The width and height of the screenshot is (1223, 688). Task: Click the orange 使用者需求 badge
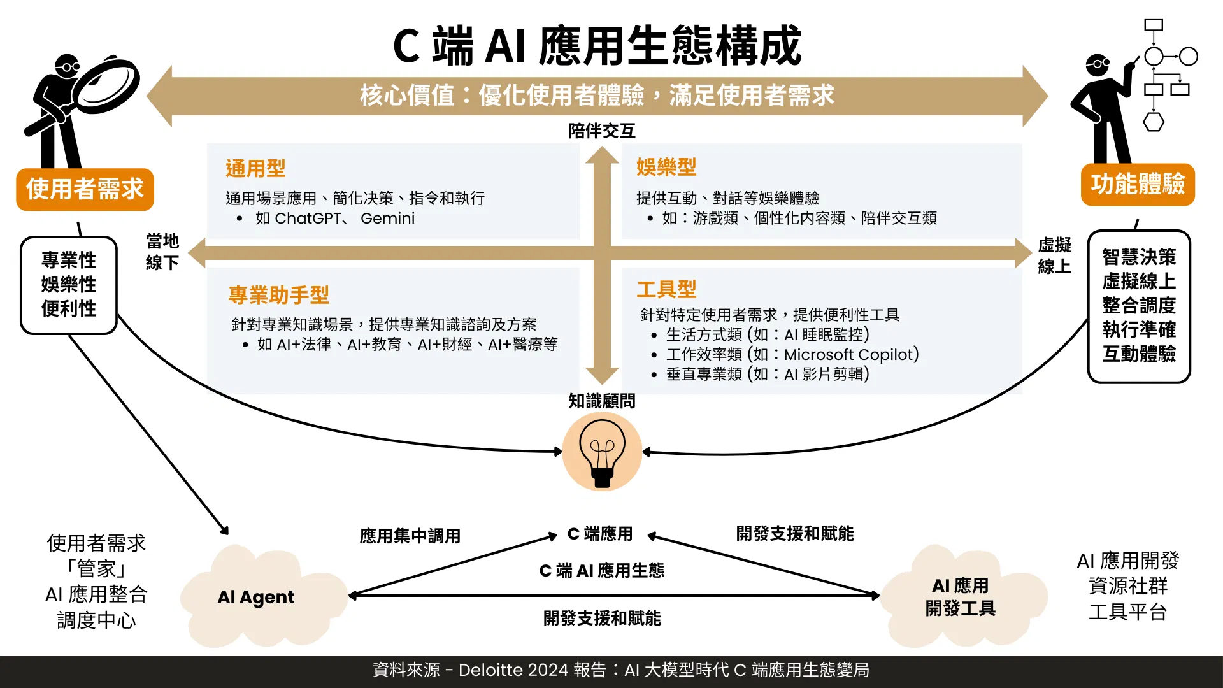[85, 189]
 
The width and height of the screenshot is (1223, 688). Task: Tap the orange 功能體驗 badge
[1138, 185]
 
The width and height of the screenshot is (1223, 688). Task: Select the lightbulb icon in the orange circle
[602, 452]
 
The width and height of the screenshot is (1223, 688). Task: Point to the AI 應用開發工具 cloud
[962, 596]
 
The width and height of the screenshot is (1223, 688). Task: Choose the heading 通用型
[255, 168]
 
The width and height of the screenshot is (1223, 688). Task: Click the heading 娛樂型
[666, 167]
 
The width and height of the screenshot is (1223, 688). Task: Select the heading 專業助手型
[279, 295]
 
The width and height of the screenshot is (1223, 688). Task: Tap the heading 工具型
[667, 289]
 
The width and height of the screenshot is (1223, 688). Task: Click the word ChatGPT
[308, 219]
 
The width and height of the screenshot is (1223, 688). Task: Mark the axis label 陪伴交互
[602, 131]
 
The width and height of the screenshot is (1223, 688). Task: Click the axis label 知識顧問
[602, 401]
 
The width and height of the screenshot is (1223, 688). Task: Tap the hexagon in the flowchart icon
[1154, 122]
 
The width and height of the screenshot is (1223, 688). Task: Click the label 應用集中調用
[410, 536]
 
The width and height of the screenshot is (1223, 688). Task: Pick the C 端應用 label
[600, 534]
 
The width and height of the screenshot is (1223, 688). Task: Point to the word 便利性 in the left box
[69, 309]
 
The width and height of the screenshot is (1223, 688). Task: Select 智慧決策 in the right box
[1139, 257]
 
